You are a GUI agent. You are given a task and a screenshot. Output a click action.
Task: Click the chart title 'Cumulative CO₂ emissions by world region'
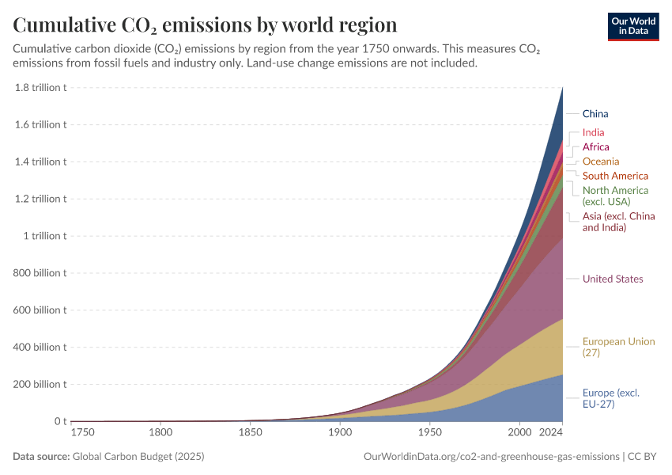click(205, 25)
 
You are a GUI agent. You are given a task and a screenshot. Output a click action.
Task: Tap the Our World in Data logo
click(632, 25)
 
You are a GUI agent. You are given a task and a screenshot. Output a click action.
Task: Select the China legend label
click(595, 114)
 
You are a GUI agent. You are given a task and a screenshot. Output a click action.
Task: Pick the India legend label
click(593, 133)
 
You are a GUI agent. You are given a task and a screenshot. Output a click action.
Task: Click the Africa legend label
click(595, 147)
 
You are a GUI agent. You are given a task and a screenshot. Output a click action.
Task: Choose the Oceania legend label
click(601, 161)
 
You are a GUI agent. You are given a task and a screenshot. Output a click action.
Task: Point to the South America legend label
click(615, 176)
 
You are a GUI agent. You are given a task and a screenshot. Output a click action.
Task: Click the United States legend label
click(613, 279)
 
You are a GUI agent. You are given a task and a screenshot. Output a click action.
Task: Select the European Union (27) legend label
click(618, 347)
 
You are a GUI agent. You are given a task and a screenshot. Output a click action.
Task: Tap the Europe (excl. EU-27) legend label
click(610, 398)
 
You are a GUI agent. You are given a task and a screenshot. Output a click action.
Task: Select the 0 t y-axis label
click(58, 421)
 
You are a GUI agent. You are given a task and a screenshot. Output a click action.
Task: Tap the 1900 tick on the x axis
click(340, 433)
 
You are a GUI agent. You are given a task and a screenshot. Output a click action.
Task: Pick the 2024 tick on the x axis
click(549, 433)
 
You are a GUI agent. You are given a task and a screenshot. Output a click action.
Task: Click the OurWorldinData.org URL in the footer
click(490, 457)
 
